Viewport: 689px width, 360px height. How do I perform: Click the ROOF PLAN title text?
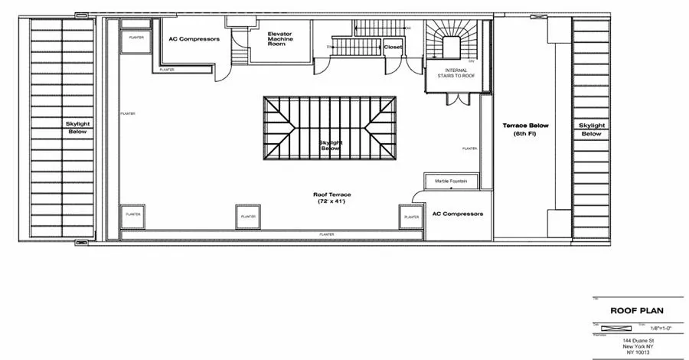pyautogui.click(x=635, y=312)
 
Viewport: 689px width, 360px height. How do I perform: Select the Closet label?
pyautogui.click(x=392, y=47)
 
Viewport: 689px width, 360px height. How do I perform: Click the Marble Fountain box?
pyautogui.click(x=452, y=182)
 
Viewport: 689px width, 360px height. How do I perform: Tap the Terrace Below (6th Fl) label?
pyautogui.click(x=525, y=129)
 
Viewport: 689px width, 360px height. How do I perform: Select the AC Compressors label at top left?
pyautogui.click(x=194, y=38)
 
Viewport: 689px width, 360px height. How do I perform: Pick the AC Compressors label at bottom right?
pyautogui.click(x=458, y=214)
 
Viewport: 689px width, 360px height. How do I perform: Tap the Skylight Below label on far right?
pyautogui.click(x=591, y=129)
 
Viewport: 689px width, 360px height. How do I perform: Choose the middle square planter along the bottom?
pyautogui.click(x=248, y=217)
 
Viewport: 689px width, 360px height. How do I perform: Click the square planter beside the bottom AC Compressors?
pyautogui.click(x=410, y=218)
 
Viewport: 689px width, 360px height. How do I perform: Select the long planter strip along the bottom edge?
pyautogui.click(x=326, y=233)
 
